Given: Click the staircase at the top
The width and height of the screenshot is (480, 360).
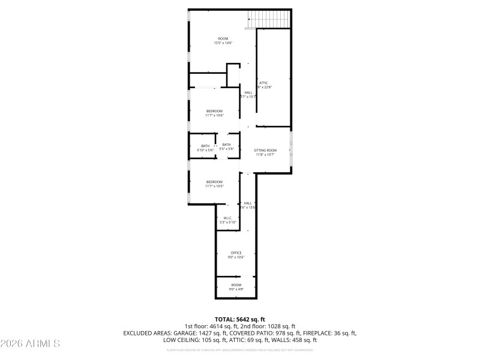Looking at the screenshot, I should point(269,19).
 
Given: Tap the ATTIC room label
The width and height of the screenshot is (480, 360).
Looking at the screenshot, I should point(263,82).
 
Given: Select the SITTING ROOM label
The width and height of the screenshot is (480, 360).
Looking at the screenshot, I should point(265,150).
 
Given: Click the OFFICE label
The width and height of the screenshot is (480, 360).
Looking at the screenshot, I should point(236,253).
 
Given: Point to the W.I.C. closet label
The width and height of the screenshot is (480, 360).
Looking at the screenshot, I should point(228,218).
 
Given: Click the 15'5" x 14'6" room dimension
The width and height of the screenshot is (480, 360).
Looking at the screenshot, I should point(223,43).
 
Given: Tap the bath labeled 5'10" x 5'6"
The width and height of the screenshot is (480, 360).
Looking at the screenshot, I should point(205,149).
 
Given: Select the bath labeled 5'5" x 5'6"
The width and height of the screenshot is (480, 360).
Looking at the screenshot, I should point(226,149).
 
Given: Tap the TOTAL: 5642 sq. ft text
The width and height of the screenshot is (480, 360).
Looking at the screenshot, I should point(239,319).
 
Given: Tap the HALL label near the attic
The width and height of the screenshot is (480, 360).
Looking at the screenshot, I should point(248,92).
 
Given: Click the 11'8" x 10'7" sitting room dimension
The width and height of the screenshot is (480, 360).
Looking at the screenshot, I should point(265,155).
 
